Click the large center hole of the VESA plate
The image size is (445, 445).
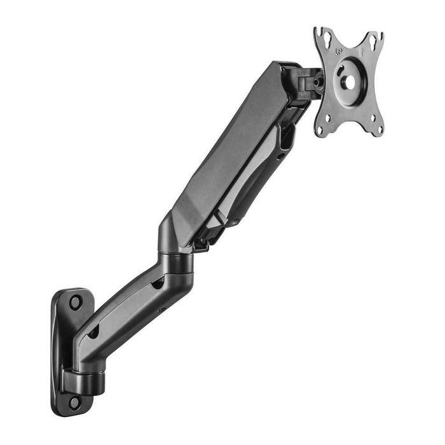pyautogui.click(x=350, y=80)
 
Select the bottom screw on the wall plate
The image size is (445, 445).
pyautogui.click(x=75, y=401)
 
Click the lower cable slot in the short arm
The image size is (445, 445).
pyautogui.click(x=93, y=331)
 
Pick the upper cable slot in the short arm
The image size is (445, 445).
pyautogui.click(x=157, y=284)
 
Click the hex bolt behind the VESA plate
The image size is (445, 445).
pyautogui.click(x=315, y=81)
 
